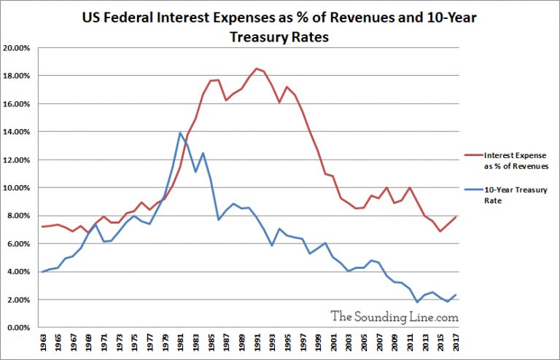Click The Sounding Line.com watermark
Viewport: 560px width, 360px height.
pos(394,316)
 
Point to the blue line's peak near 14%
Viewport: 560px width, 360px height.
pos(180,133)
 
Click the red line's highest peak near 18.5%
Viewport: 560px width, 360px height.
pos(256,69)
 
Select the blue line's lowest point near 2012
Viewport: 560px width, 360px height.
pos(417,302)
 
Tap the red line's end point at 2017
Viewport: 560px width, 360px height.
pos(455,216)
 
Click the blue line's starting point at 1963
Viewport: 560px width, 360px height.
pos(43,272)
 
